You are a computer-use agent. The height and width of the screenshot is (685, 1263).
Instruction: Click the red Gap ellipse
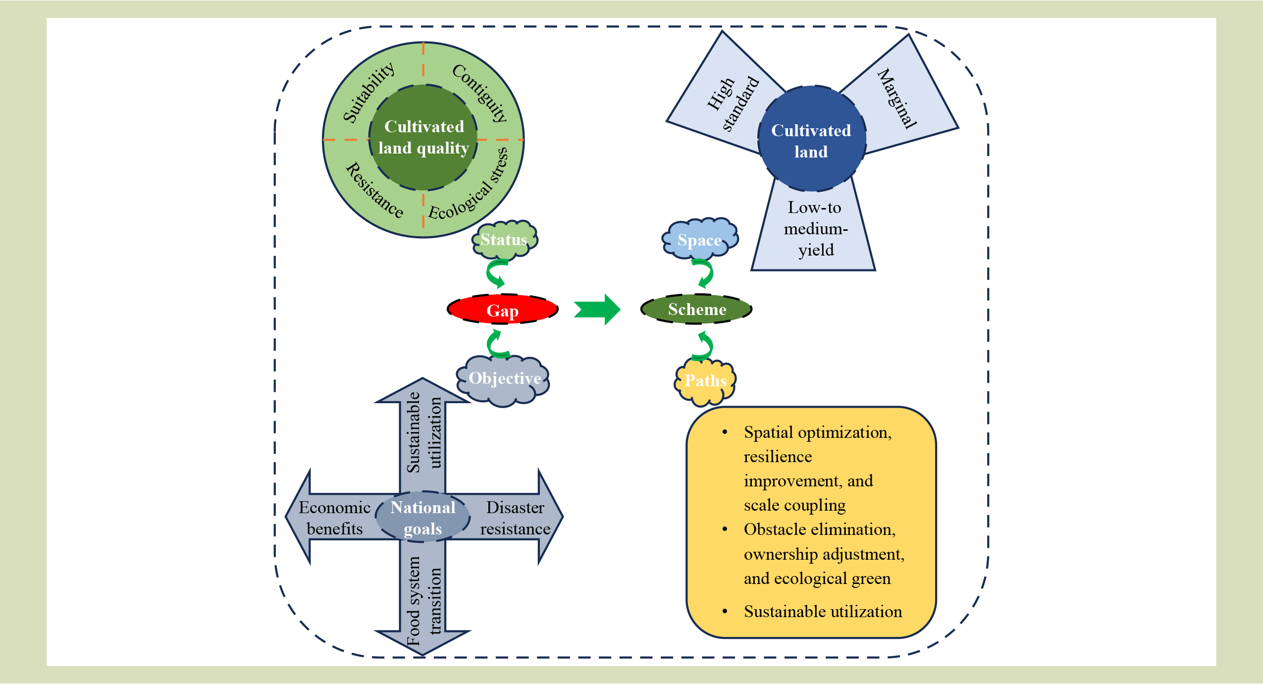click(x=502, y=310)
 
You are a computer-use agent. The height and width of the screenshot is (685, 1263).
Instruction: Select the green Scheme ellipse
click(x=696, y=309)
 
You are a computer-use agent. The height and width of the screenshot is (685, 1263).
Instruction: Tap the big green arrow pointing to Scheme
click(x=597, y=309)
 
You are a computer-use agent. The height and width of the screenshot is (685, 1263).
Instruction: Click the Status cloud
click(x=504, y=240)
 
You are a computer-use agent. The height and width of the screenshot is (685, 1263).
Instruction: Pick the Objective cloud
click(x=504, y=379)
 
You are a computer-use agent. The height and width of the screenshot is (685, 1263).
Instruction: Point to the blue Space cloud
click(x=699, y=240)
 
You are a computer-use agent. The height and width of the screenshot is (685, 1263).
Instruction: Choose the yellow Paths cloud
click(x=705, y=380)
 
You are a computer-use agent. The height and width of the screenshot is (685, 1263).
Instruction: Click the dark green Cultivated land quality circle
click(x=423, y=137)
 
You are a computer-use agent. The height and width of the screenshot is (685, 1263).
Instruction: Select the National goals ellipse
click(x=422, y=518)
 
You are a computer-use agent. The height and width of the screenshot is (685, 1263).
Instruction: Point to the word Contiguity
click(x=480, y=93)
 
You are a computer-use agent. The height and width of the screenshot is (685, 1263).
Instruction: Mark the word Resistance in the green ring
click(x=374, y=191)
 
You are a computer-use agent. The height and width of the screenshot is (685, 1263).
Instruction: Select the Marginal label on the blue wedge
click(x=897, y=99)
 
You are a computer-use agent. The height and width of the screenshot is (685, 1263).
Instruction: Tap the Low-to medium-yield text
click(x=815, y=229)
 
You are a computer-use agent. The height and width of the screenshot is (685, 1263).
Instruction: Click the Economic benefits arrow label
click(x=335, y=518)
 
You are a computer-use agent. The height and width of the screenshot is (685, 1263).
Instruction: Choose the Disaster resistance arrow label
click(x=515, y=518)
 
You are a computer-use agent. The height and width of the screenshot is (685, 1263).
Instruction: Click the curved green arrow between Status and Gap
click(x=496, y=273)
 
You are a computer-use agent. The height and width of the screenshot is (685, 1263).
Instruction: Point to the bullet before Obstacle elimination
click(x=725, y=529)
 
